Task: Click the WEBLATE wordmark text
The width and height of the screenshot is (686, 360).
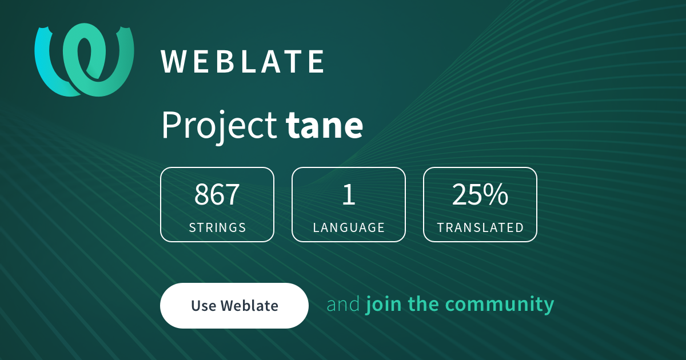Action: point(242,62)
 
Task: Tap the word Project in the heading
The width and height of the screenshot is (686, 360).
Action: point(220,126)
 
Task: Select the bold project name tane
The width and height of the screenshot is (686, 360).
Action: point(324,125)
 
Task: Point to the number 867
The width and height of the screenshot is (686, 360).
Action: point(217,194)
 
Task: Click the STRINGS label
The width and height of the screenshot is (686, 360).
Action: point(217,227)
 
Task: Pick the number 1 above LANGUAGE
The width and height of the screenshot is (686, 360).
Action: point(349,194)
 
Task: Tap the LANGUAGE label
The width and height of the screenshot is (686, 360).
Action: point(349,227)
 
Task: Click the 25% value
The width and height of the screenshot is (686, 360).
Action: point(480,194)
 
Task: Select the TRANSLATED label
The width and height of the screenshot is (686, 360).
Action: point(480,227)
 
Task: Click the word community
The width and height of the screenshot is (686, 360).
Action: point(500,305)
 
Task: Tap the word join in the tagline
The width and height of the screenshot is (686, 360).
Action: point(384,304)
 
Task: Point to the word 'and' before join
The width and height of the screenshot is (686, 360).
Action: point(343,304)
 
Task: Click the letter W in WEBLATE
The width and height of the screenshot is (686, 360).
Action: point(174,62)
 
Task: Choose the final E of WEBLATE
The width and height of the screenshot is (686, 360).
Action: point(316,62)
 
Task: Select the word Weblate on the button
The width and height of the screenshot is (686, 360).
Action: point(249,306)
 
